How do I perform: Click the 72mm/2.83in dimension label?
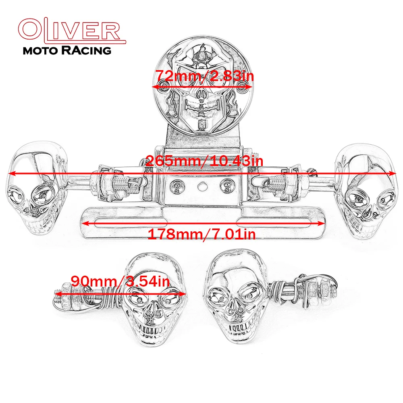pos(205,76)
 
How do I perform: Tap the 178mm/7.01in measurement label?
pos(202,234)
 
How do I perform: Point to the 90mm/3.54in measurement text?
pos(120,281)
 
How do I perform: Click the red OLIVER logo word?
pos(72,30)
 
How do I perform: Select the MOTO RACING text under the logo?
pos(67,50)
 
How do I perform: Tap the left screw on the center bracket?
pos(177,185)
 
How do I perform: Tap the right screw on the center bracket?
pos(226,185)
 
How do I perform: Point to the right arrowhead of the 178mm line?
pos(321,223)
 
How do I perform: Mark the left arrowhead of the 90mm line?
pos(58,293)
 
